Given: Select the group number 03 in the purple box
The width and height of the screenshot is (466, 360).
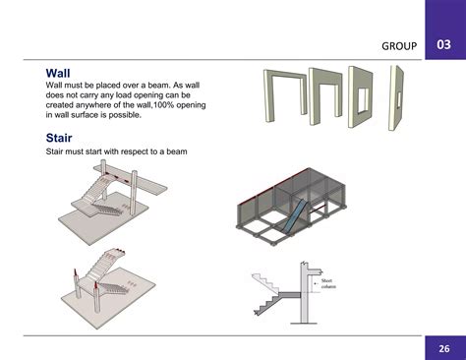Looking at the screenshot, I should (444, 45).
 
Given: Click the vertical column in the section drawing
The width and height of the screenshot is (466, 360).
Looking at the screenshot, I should (306, 295).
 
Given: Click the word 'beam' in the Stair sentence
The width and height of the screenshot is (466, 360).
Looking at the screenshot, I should (177, 151).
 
